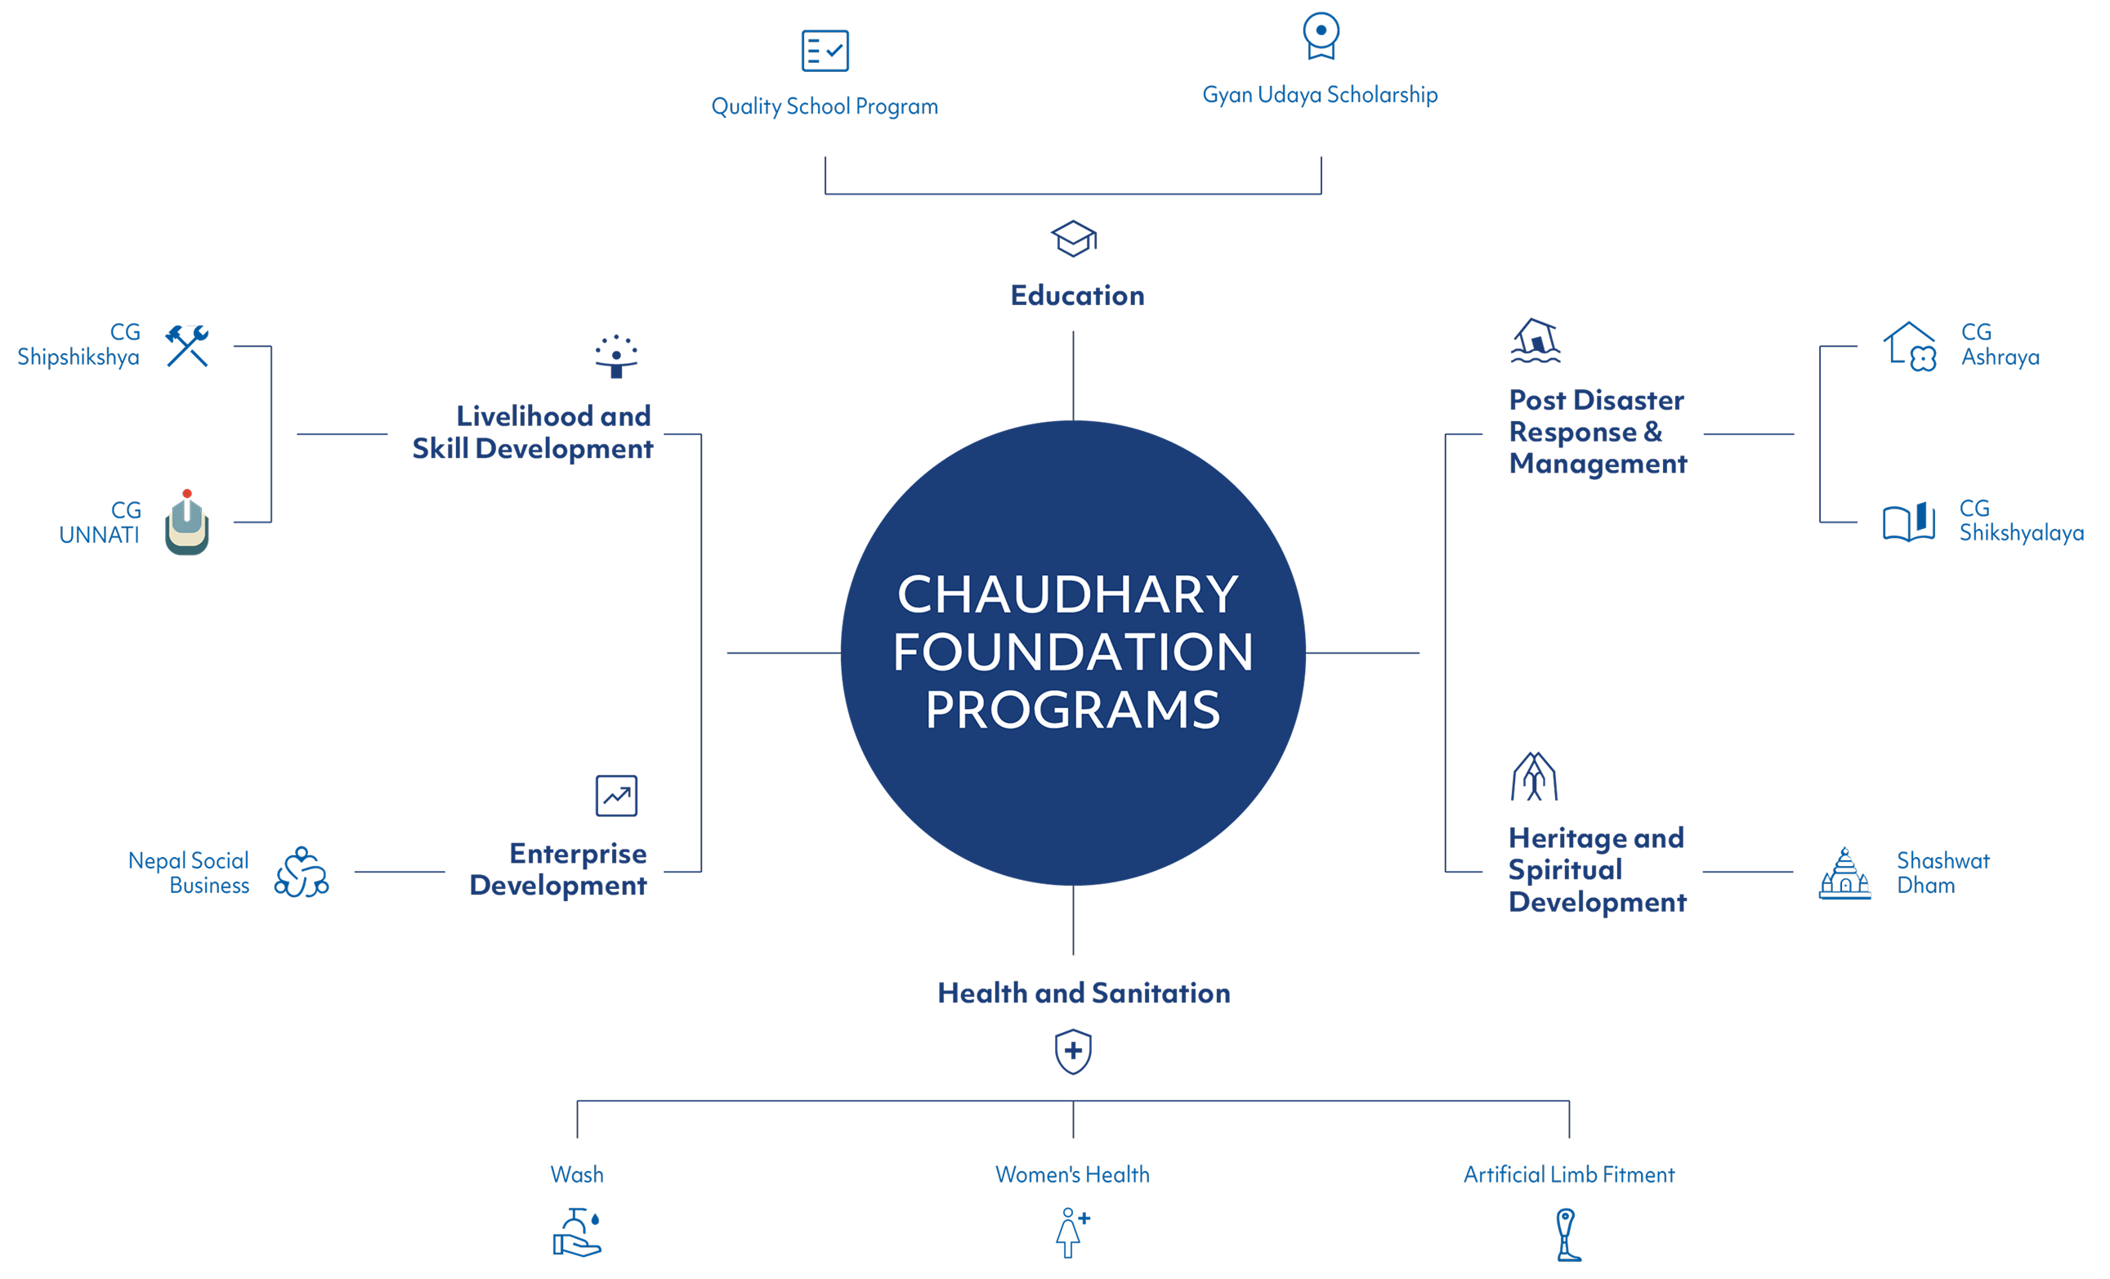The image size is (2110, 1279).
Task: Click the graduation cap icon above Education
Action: pos(1073,238)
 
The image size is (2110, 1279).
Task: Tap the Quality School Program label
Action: pos(824,106)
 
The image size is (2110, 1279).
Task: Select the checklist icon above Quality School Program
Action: pos(825,51)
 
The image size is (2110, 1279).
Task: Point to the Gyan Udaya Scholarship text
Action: pos(1320,94)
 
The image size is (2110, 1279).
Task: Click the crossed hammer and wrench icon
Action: pos(186,345)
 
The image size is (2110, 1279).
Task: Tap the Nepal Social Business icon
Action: pos(302,872)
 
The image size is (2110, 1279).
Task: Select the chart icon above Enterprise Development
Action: pos(615,796)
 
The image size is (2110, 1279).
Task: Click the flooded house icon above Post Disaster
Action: pos(1535,341)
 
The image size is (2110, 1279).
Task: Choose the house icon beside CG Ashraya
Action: pos(1910,346)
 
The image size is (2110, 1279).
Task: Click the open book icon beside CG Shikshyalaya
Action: pos(1908,522)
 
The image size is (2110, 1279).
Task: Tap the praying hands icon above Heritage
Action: pos(1534,776)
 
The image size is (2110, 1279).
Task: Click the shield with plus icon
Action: pos(1073,1051)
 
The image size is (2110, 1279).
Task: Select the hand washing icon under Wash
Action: pos(577,1232)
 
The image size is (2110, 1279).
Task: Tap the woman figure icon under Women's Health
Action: pos(1071,1232)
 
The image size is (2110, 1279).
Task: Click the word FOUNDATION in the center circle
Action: pos(1072,652)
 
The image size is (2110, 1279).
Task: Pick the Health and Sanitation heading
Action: pos(1084,993)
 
